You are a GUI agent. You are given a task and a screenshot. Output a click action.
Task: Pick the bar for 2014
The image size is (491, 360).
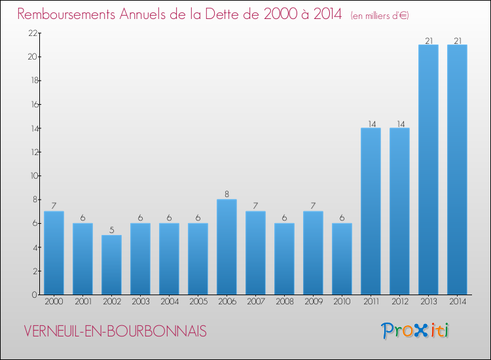pos(457,170)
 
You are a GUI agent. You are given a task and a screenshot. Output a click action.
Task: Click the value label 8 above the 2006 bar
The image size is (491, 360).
pos(227,194)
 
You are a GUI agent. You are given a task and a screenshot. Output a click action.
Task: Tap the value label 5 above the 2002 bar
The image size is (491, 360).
pos(111,230)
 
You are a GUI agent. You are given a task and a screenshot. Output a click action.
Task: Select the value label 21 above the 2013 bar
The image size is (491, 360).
pos(428,40)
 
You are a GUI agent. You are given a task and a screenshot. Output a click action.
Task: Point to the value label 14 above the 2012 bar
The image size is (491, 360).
pos(399,123)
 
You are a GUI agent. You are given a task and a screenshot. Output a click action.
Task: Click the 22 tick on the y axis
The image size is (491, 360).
pos(31,33)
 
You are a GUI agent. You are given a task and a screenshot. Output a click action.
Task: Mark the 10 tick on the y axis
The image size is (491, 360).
pos(31,176)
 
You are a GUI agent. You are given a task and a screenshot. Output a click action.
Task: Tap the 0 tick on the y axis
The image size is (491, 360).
pos(33,295)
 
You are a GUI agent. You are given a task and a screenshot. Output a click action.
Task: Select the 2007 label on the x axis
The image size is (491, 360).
pos(255,302)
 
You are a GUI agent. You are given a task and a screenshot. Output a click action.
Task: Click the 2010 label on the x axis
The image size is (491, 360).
pos(342,302)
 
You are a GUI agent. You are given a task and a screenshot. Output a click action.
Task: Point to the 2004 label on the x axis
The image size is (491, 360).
pos(169,302)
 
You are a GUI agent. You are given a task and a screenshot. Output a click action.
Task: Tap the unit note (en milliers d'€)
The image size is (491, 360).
pos(380,15)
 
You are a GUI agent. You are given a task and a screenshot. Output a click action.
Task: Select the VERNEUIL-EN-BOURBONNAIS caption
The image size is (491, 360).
pos(115,331)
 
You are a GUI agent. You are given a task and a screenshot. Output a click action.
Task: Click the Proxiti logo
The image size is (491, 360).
pos(416,331)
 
